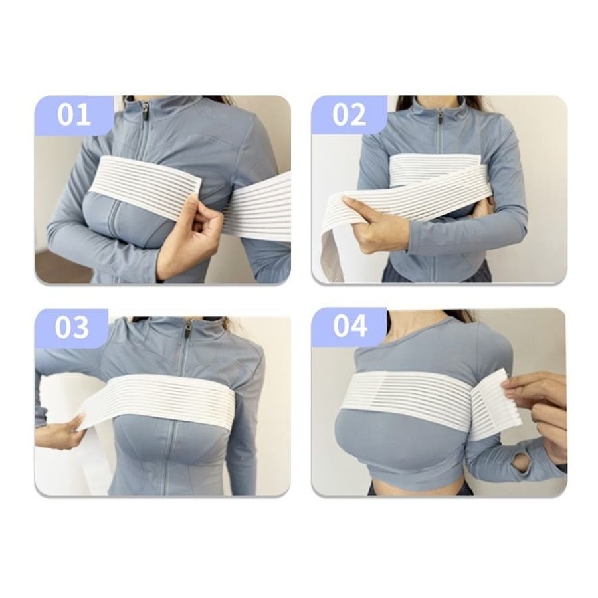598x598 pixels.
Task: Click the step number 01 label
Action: [x=74, y=114]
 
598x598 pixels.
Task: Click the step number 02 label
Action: [x=349, y=114]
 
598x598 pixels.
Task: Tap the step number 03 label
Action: [x=72, y=327]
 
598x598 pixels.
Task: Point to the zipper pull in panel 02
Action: [x=440, y=115]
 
